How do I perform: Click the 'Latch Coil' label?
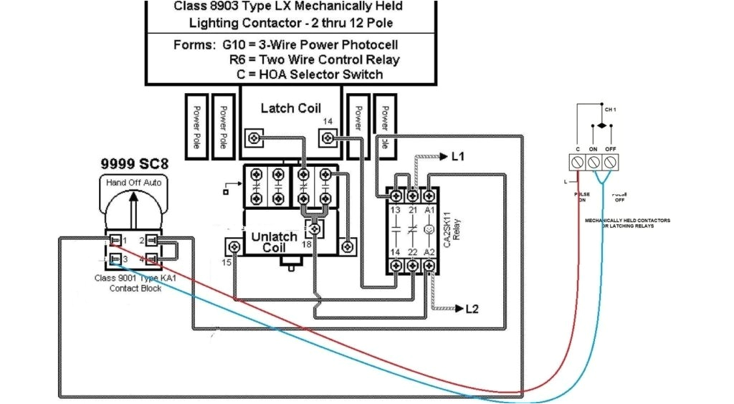290,108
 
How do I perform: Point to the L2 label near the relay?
472,309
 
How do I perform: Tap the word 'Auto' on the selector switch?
153,183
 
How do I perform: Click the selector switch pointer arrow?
133,208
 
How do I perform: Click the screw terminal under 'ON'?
594,161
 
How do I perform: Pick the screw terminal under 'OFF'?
611,161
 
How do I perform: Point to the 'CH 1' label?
611,110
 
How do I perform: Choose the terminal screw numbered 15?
233,247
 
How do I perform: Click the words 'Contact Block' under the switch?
135,288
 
